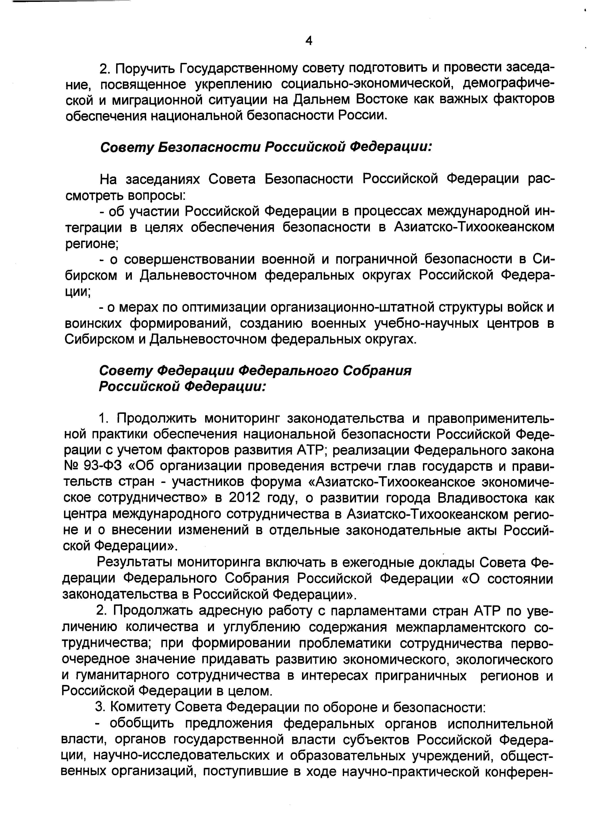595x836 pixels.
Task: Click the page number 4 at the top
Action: (309, 41)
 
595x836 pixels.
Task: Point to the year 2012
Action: (245, 497)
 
